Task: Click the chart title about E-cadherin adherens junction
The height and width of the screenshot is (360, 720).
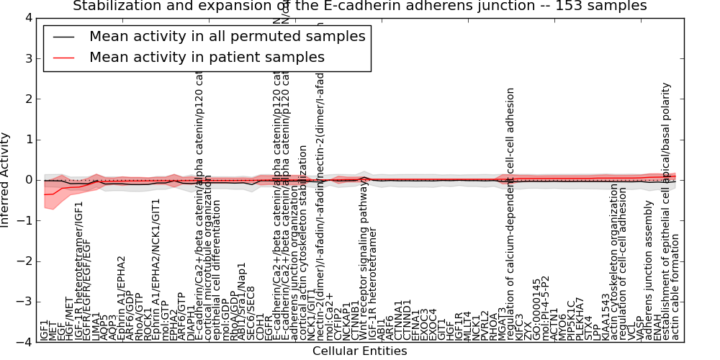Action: click(x=360, y=6)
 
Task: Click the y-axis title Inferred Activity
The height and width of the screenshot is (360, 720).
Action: click(x=6, y=179)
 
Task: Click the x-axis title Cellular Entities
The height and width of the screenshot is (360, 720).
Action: click(x=359, y=351)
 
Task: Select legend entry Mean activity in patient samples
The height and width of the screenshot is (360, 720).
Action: click(x=207, y=57)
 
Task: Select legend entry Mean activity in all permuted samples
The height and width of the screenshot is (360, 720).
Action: click(x=227, y=36)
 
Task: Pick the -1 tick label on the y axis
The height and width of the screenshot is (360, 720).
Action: click(x=27, y=221)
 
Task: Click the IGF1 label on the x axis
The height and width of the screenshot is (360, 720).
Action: click(x=45, y=330)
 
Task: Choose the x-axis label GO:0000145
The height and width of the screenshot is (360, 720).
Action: click(x=536, y=310)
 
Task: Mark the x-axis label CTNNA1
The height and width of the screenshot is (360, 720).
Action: click(x=398, y=317)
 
